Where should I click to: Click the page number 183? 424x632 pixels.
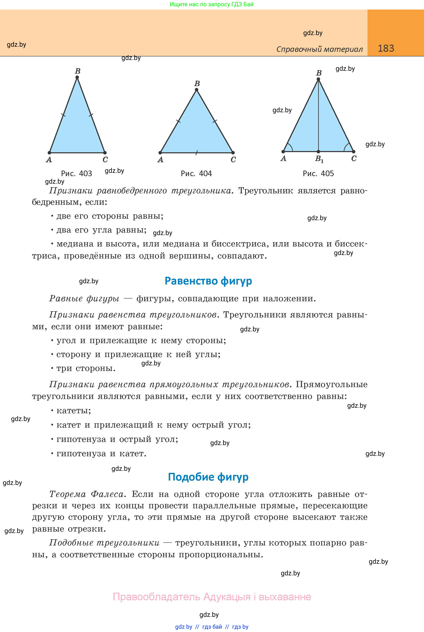coord(386,48)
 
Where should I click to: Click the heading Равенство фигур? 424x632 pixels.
coord(208,281)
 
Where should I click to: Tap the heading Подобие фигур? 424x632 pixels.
coord(208,477)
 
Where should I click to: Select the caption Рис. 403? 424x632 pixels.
coord(77,173)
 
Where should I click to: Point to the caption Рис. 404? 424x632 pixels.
coord(196,173)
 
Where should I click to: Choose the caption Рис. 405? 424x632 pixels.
coord(318,173)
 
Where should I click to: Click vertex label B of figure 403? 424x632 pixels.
coord(78,71)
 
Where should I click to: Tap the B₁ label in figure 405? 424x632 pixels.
coord(319,159)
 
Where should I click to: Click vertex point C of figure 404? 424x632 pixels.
coord(233,153)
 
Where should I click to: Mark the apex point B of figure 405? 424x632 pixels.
coord(319,79)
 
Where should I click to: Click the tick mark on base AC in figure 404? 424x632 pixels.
coord(197,153)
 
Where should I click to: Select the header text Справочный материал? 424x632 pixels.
coord(319,49)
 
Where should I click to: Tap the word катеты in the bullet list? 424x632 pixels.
coord(73,411)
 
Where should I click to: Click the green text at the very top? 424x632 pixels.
coord(212,4)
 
